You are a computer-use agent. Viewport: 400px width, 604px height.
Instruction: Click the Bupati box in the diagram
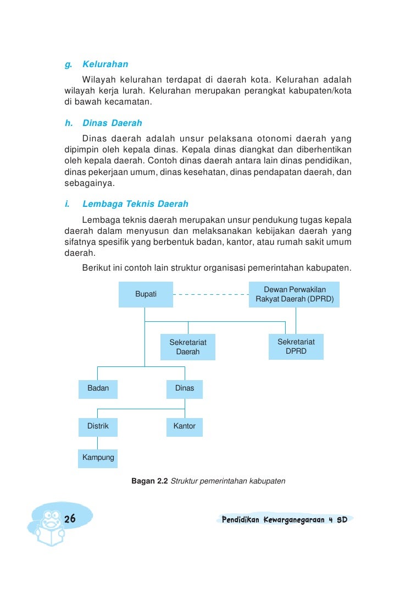tap(146, 294)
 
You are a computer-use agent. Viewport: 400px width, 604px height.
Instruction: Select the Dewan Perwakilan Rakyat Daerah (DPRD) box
tap(295, 295)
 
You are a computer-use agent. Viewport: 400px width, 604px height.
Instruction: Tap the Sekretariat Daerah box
tap(187, 347)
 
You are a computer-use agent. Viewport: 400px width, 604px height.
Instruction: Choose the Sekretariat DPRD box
tap(296, 347)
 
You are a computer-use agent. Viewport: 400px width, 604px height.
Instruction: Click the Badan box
tap(98, 388)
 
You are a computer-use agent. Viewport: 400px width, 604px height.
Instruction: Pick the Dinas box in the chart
tap(185, 388)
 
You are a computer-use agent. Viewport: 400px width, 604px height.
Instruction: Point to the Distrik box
tap(98, 426)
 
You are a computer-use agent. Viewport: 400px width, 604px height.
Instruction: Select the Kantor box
tap(185, 426)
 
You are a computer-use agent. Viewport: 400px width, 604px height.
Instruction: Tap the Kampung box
tap(98, 458)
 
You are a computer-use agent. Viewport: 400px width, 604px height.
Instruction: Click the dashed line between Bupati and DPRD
tap(211, 295)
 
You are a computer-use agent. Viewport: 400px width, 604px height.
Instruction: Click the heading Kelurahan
tap(105, 64)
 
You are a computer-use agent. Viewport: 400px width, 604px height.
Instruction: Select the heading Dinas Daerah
tap(112, 123)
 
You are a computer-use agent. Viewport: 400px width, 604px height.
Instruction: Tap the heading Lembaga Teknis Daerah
tap(135, 204)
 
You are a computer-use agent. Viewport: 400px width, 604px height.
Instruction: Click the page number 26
tap(70, 519)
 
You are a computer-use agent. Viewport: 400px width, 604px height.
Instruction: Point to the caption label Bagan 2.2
tap(149, 481)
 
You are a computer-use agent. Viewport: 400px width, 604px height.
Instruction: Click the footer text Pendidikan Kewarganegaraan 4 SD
tap(284, 519)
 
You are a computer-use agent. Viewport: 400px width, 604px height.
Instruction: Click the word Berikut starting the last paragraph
tap(97, 268)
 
